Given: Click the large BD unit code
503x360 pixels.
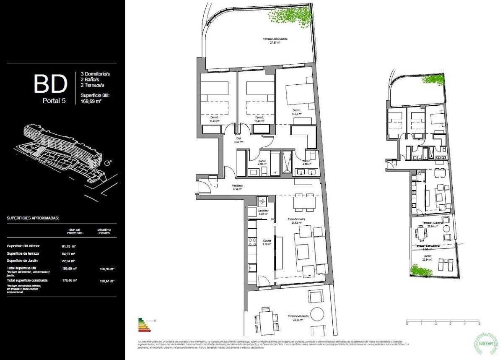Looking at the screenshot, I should (50, 84).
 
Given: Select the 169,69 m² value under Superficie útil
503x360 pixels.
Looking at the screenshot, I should (91, 101).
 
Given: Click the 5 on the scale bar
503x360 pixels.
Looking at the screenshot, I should (479, 324).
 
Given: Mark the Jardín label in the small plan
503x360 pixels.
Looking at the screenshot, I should (427, 256).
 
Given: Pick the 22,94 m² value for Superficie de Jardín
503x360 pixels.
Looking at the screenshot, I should (68, 261).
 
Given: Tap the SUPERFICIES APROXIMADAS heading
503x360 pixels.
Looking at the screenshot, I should (33, 219).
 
